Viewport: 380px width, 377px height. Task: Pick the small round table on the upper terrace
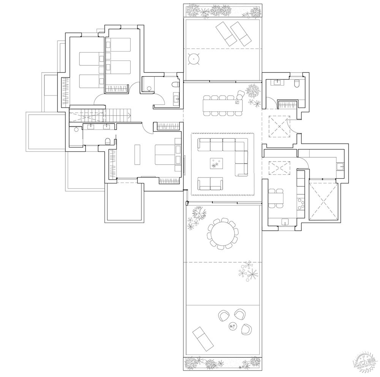[195, 59]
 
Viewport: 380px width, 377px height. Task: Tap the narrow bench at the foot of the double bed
[137, 154]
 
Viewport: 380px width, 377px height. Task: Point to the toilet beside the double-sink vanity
[108, 141]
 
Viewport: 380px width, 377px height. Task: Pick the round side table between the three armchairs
[233, 326]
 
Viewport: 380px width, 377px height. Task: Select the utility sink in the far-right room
[340, 166]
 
